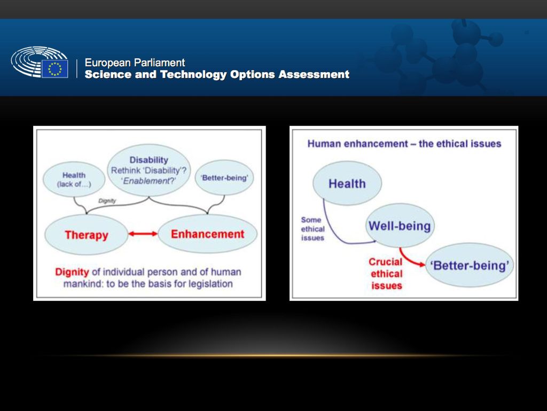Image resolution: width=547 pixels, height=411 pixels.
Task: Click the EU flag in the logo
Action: coord(55,68)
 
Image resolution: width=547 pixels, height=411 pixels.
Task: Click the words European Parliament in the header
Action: coord(135,63)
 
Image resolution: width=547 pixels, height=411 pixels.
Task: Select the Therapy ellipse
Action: coord(86,234)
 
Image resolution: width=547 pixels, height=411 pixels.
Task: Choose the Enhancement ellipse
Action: coord(208,234)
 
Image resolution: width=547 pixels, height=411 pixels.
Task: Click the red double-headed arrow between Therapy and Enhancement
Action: coord(143,234)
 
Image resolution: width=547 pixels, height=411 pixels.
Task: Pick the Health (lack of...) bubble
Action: coord(74,179)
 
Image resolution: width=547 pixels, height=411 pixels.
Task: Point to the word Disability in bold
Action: coord(149,159)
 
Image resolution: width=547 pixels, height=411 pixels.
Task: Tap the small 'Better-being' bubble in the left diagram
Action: coord(224,178)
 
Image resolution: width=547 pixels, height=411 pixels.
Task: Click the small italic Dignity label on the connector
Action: coord(107,201)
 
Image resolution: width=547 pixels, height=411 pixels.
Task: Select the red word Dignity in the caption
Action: coord(72,272)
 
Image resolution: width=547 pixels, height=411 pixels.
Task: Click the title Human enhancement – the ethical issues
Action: coord(404,143)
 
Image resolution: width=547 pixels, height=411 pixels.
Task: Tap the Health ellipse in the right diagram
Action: coord(347,183)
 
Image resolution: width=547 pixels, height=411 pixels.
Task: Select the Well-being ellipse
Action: coord(400,225)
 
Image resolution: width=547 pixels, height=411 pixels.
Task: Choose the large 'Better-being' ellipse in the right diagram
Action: coord(470,265)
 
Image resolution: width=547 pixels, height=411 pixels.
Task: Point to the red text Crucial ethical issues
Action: coord(386,273)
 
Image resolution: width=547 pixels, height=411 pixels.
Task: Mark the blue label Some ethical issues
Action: coord(312,229)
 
